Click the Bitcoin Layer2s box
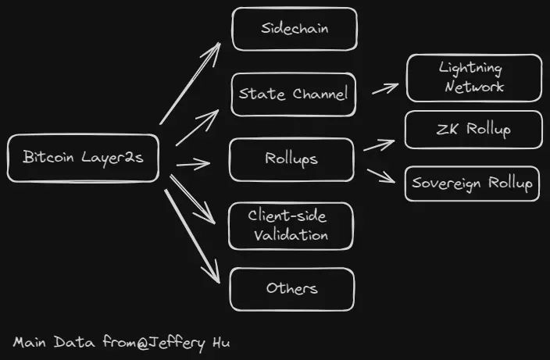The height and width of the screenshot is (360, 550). click(83, 159)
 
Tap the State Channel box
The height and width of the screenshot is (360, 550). click(294, 94)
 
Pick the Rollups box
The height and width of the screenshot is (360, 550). click(291, 159)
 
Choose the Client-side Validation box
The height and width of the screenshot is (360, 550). click(291, 225)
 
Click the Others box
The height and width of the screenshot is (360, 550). click(291, 289)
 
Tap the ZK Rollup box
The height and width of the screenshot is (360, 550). click(473, 130)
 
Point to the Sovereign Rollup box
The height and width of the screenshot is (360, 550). click(473, 184)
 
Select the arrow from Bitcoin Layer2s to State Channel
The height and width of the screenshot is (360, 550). click(197, 127)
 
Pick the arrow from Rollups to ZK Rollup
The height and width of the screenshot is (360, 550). click(380, 144)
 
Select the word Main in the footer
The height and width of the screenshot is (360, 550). click(30, 342)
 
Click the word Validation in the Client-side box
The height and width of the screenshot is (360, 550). click(291, 234)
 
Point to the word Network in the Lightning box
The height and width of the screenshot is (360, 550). click(474, 87)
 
